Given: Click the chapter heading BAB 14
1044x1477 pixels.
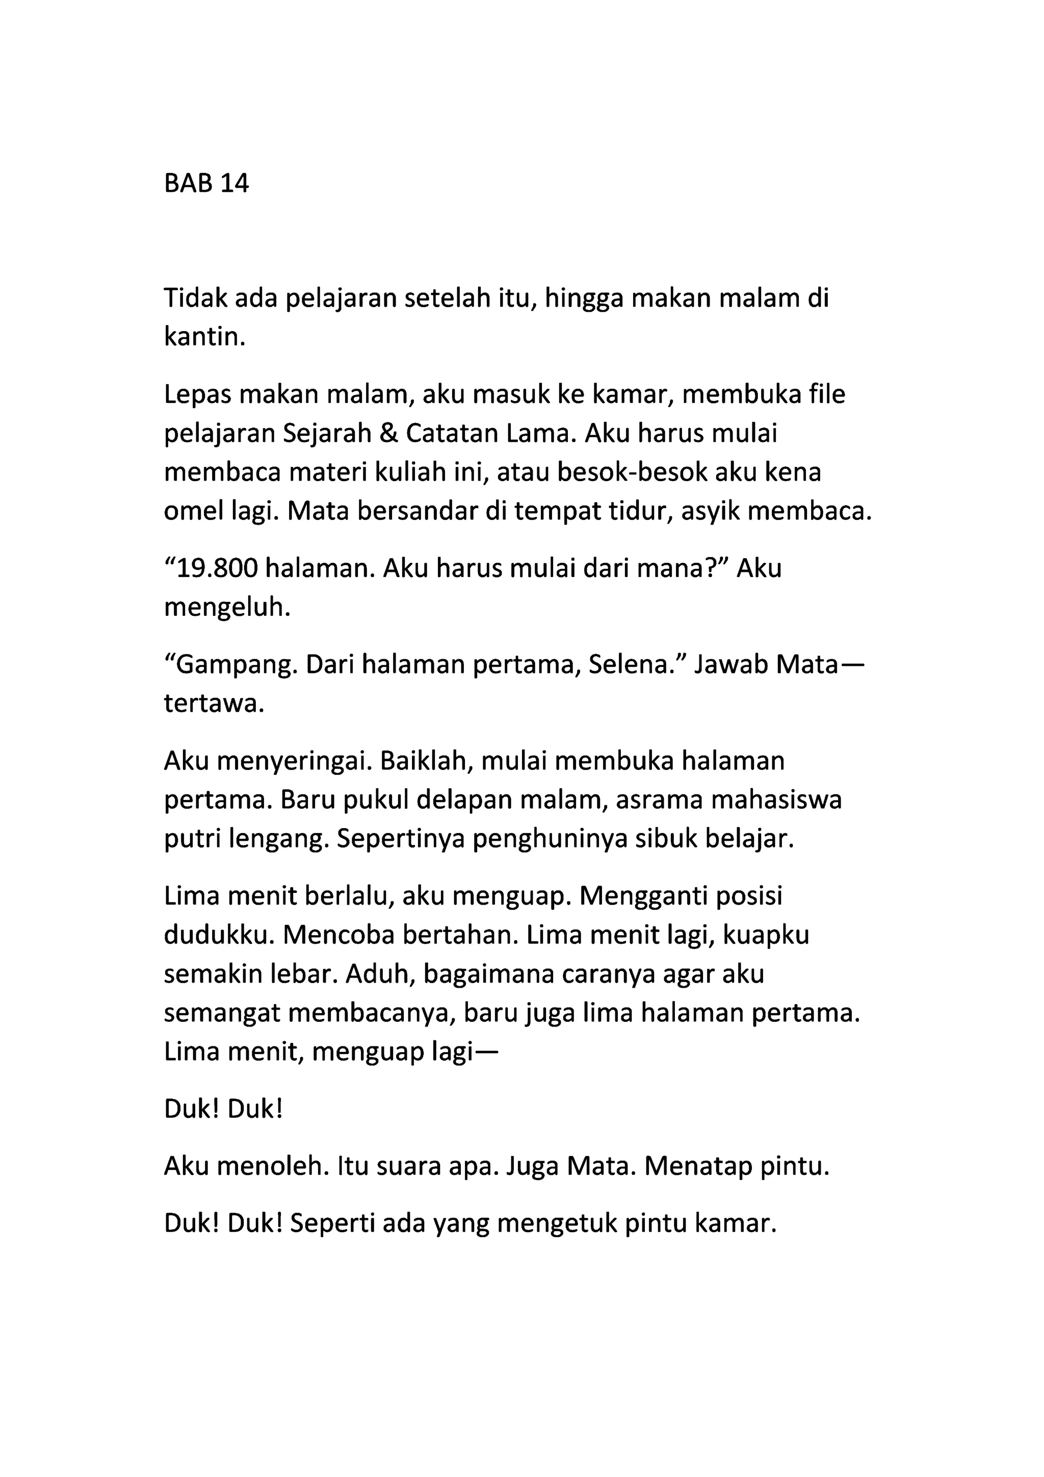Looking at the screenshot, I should pyautogui.click(x=206, y=184).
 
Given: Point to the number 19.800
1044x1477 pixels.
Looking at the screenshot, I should pyautogui.click(x=217, y=569).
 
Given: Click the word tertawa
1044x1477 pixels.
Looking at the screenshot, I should pyautogui.click(x=214, y=704).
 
